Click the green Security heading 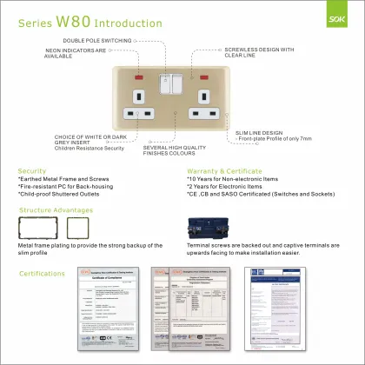pyautogui.click(x=32, y=171)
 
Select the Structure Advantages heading pyautogui.click(x=59, y=210)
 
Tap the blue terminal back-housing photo pyautogui.click(x=216, y=229)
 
